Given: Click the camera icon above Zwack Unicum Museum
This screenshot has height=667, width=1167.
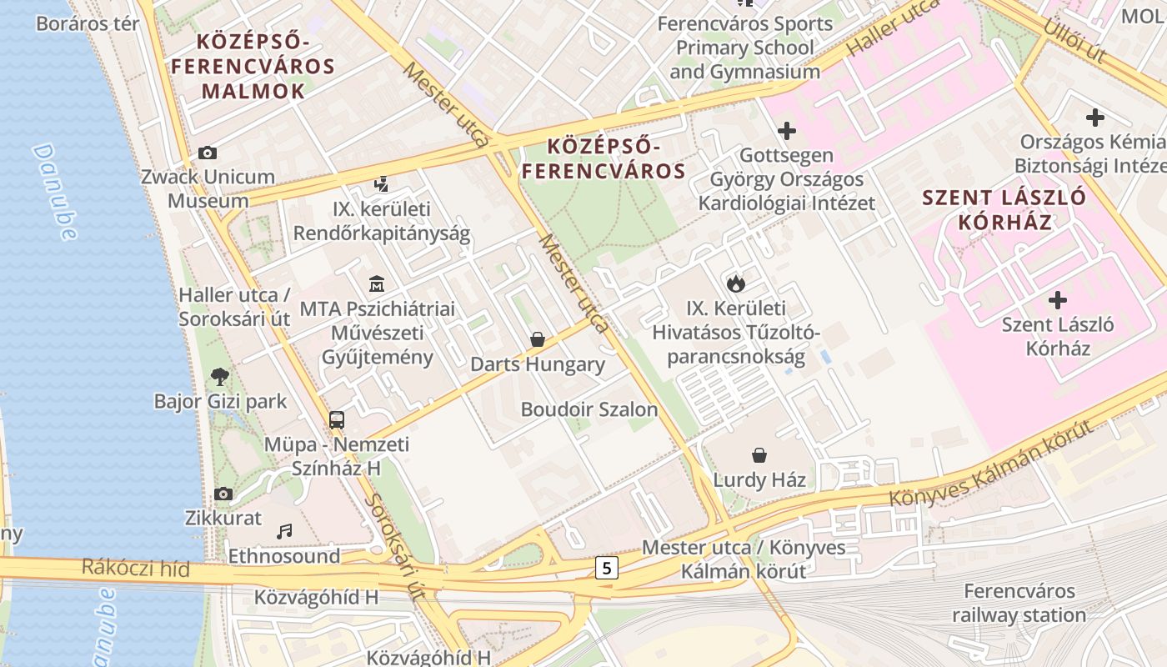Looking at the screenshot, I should click(x=208, y=153).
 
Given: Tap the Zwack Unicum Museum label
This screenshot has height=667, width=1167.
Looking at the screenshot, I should click(x=208, y=188).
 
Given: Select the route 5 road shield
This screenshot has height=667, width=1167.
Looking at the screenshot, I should click(x=607, y=569).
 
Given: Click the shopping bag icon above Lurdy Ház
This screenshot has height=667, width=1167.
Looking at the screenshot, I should click(x=759, y=455).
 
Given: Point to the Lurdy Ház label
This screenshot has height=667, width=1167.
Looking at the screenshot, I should click(x=759, y=480).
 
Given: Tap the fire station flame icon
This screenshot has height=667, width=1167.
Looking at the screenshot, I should click(x=735, y=283).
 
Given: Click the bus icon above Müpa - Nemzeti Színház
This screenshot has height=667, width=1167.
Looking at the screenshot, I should click(x=337, y=420).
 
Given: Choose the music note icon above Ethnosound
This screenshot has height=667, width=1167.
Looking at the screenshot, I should click(x=285, y=531).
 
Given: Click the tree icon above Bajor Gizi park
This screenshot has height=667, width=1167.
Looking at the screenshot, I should click(x=220, y=377).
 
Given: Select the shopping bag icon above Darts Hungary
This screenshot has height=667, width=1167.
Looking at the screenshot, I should click(x=538, y=340).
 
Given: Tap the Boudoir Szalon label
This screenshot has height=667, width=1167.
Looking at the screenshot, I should click(x=589, y=409).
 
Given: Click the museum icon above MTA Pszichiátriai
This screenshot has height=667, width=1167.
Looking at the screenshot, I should click(x=377, y=283).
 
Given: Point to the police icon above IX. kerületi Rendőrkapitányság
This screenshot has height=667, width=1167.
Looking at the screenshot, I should click(x=382, y=183).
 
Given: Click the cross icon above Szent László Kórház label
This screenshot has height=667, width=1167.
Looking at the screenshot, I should click(x=1058, y=299).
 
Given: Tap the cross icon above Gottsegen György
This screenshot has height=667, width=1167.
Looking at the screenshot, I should click(x=786, y=131).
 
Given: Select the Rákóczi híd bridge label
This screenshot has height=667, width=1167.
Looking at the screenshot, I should click(x=135, y=569).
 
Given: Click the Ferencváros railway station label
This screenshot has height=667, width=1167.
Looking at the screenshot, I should click(x=1019, y=603).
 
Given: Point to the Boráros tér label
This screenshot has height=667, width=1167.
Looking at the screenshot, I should click(x=88, y=23).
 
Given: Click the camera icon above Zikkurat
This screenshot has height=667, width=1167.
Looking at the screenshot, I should click(x=223, y=494).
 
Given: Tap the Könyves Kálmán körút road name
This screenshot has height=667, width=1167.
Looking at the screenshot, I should click(x=990, y=464).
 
